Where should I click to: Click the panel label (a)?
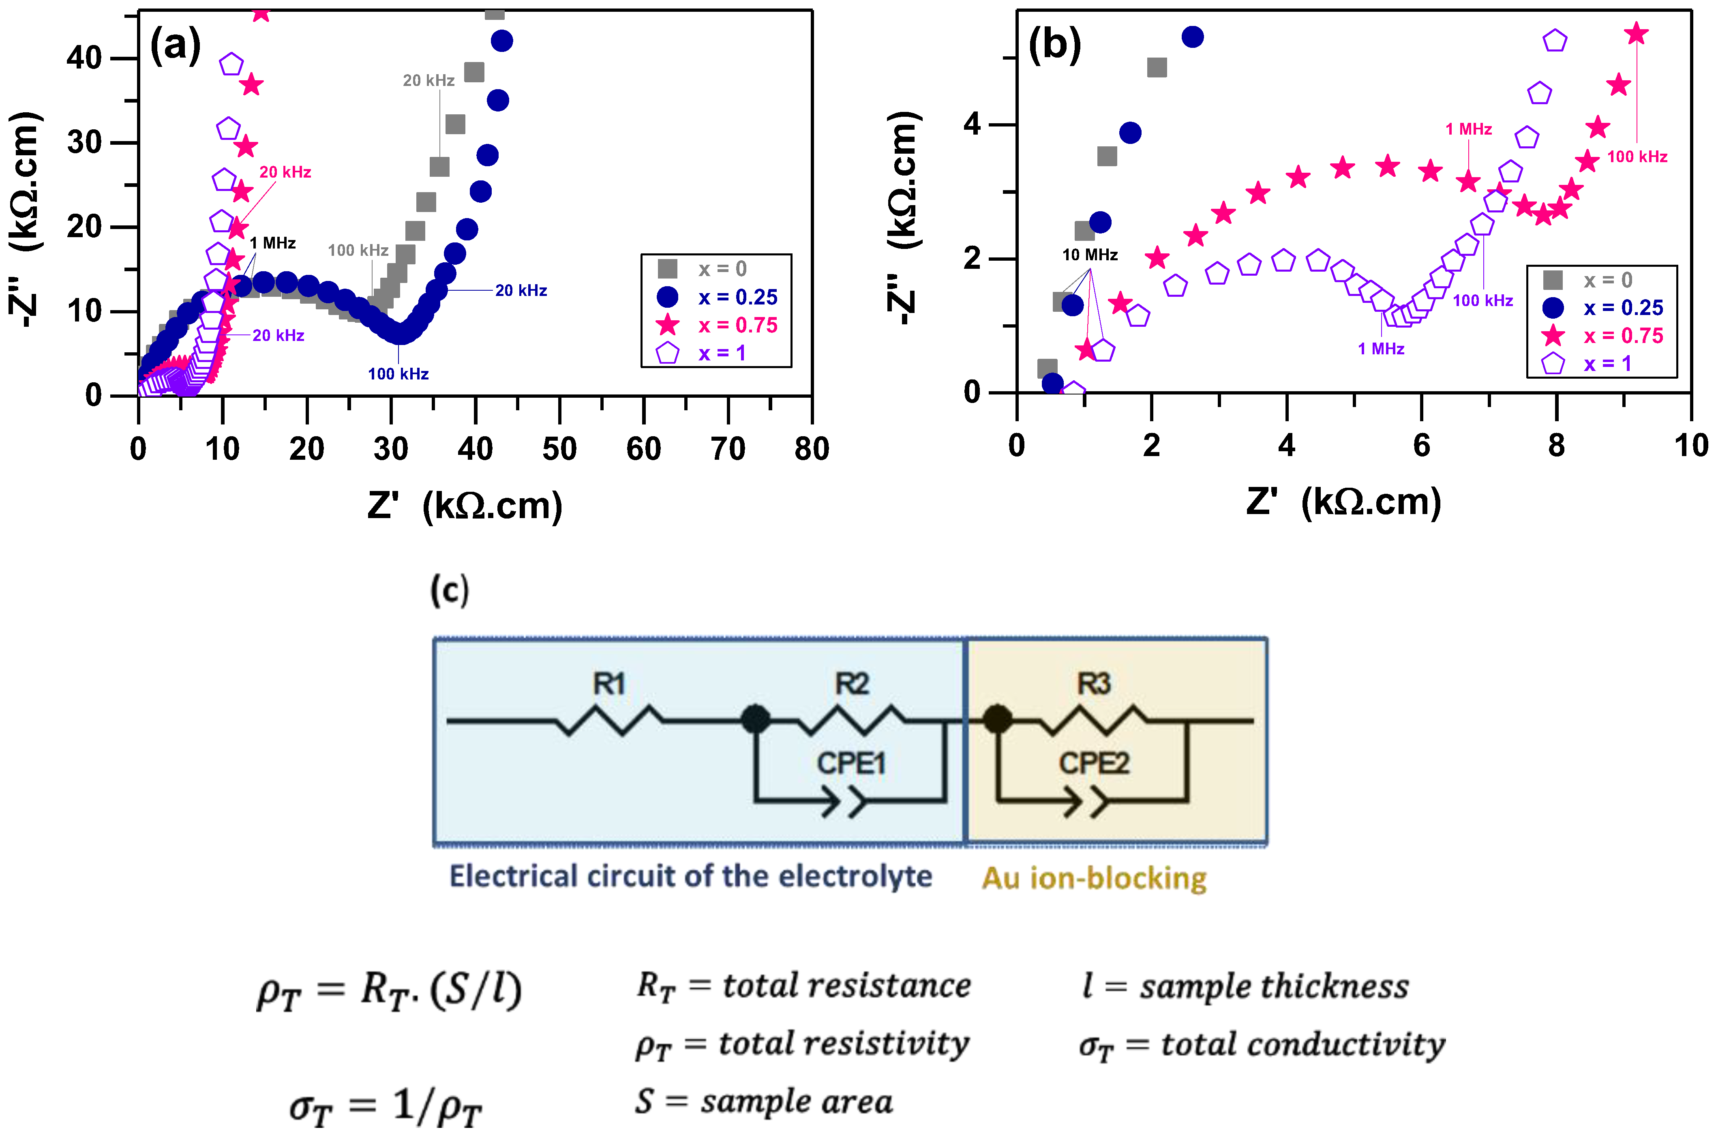pyautogui.click(x=175, y=46)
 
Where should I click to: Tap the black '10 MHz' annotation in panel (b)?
pyautogui.click(x=1090, y=255)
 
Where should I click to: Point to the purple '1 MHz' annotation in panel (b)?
pyautogui.click(x=1381, y=348)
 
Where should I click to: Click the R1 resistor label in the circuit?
pyautogui.click(x=609, y=683)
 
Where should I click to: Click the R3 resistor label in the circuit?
pyautogui.click(x=1093, y=683)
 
